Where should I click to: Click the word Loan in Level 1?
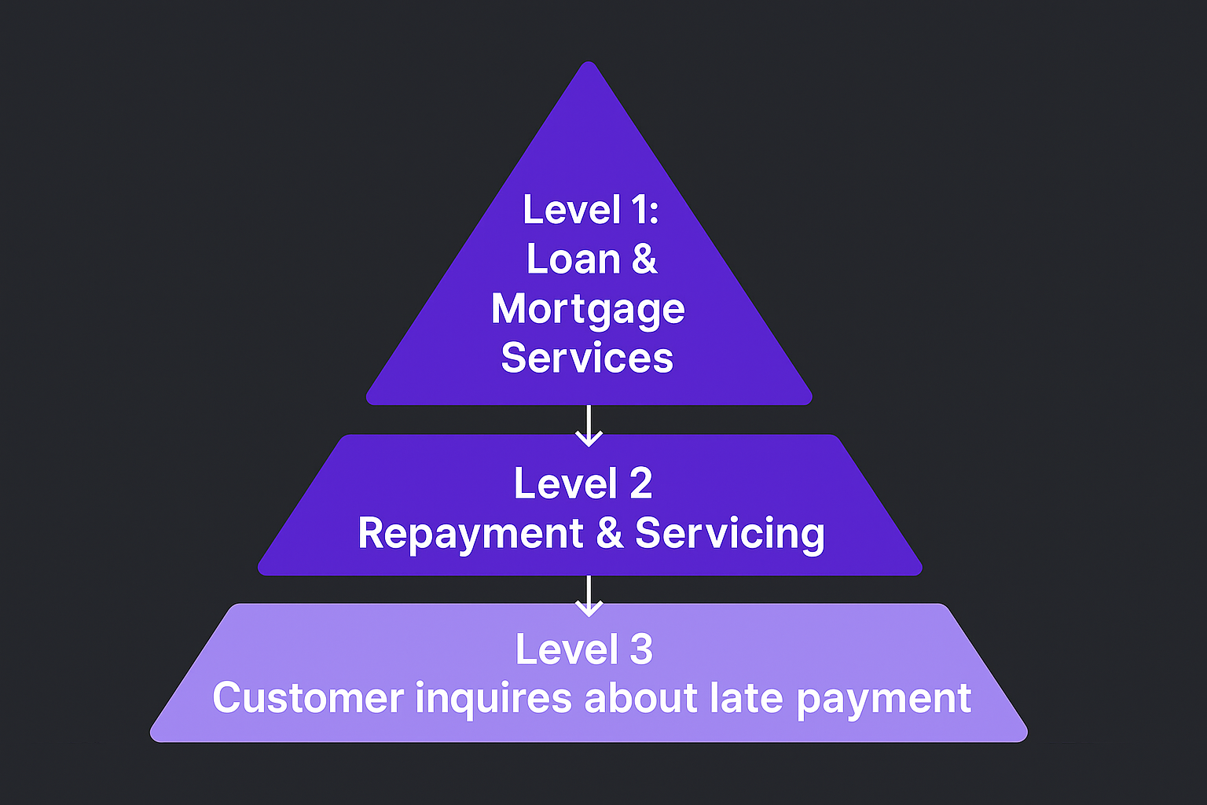tap(573, 259)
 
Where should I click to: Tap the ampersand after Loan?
tap(644, 259)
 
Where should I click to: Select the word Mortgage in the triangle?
tap(588, 310)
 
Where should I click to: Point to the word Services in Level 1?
tap(587, 358)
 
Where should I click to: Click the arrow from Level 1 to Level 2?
tap(589, 426)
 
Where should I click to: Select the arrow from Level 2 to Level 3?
tap(589, 596)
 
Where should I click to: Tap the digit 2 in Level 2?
tap(640, 483)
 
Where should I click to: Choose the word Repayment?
tap(470, 534)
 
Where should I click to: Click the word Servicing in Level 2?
tap(729, 534)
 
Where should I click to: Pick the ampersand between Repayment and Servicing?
tap(609, 534)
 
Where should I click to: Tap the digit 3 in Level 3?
tap(641, 650)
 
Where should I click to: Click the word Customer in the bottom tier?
tap(307, 698)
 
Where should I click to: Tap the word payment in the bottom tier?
tap(883, 698)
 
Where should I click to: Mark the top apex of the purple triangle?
tap(589, 64)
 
